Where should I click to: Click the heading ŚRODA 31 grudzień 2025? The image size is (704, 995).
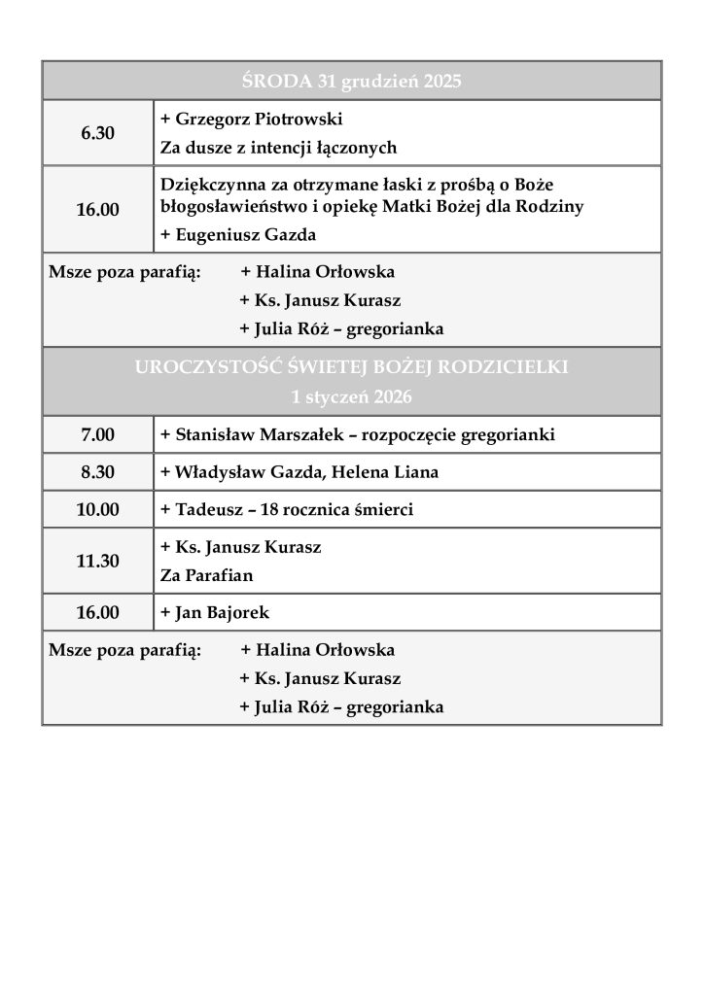pos(351,81)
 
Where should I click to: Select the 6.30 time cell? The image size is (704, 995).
pos(97,133)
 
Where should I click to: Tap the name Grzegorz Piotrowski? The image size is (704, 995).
pos(259,120)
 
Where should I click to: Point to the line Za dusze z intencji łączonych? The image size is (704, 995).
pos(279,149)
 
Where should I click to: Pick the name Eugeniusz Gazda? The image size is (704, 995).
pos(245,235)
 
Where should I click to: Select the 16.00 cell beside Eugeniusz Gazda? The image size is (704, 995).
pos(97,209)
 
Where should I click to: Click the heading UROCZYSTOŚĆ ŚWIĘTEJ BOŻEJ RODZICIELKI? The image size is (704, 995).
pos(351,367)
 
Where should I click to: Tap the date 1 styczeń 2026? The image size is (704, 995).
pos(351,396)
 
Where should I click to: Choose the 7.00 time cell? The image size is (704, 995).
pos(97,435)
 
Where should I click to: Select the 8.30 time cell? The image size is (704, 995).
pos(97,473)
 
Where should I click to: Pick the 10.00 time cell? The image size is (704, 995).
pos(97,510)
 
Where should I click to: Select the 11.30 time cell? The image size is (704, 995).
pos(97,561)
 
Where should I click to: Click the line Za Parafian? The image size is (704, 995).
pos(206,575)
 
